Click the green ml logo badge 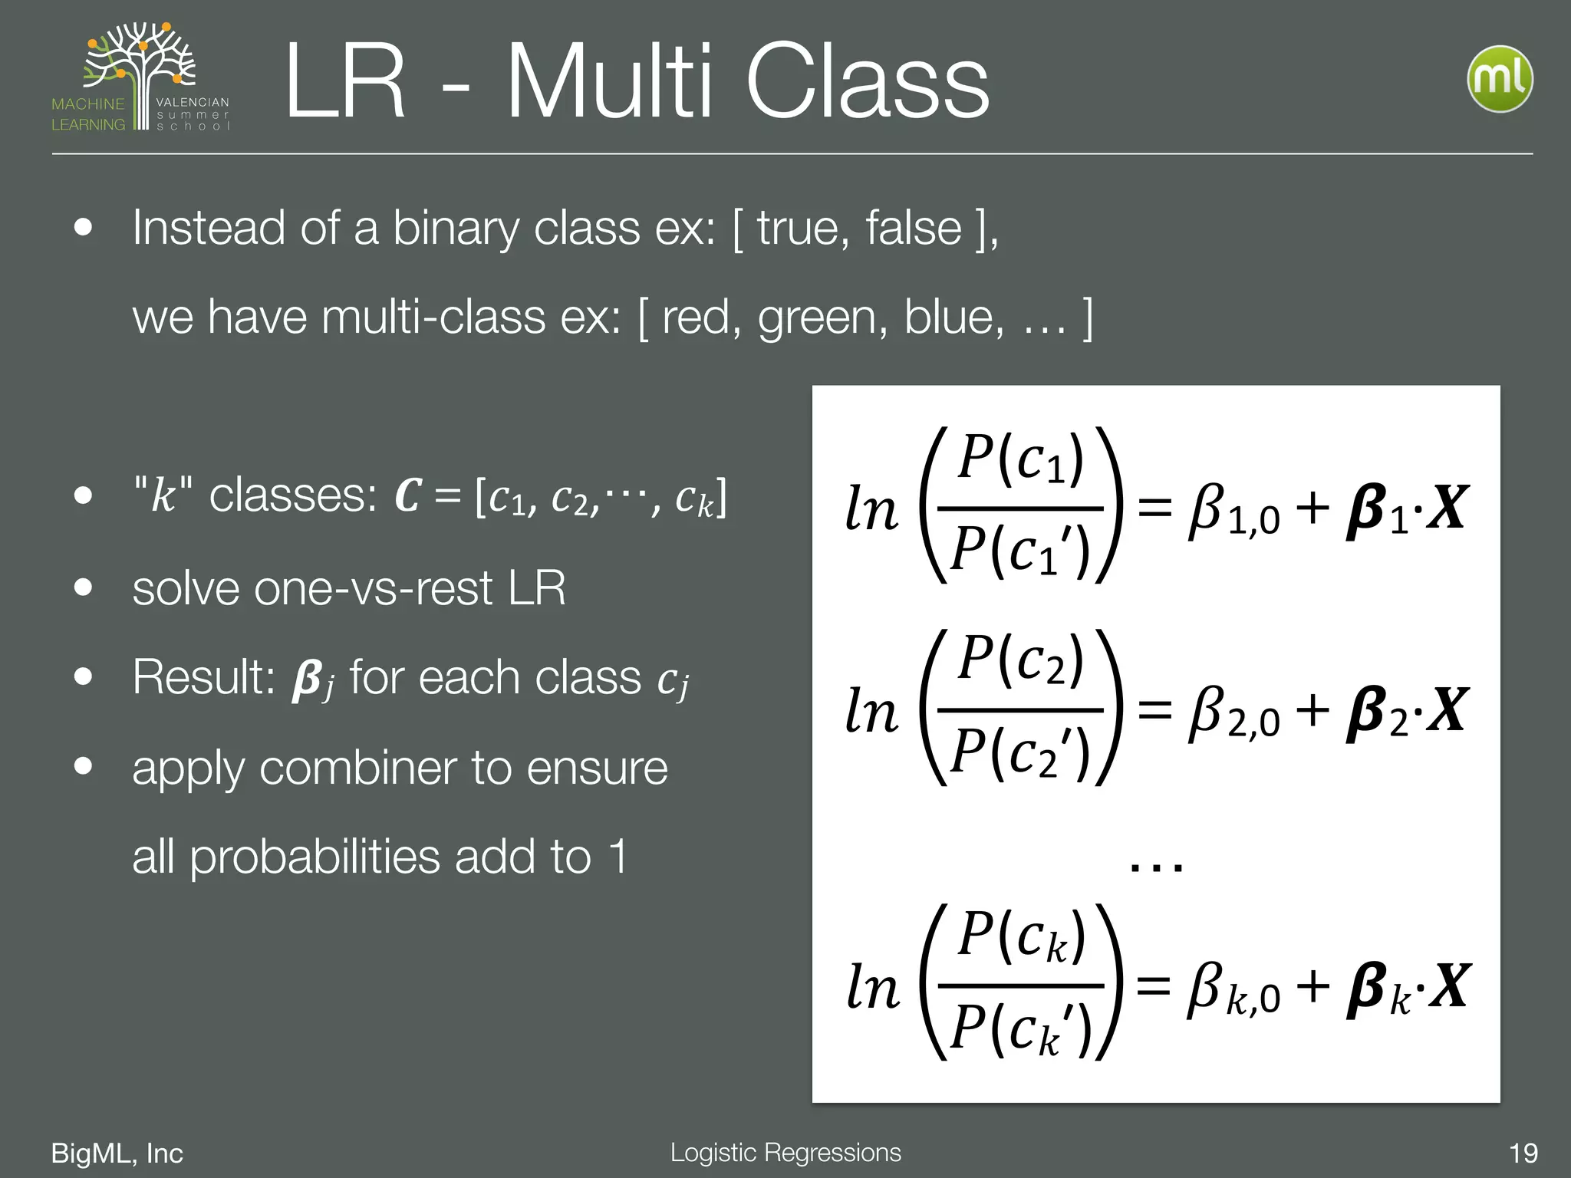click(1500, 80)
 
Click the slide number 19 click(1523, 1153)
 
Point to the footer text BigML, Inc click(117, 1153)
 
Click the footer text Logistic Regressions click(785, 1152)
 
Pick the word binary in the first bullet click(456, 229)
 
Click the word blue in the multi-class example click(953, 316)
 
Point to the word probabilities click(315, 857)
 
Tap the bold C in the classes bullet click(408, 495)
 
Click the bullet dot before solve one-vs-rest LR click(84, 588)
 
